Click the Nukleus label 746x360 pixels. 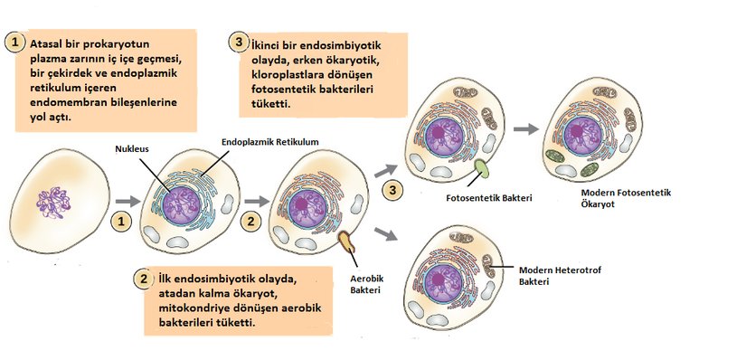pos(132,147)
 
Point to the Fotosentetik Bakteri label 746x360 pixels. pos(488,196)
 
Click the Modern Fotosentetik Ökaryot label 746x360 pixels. pos(627,199)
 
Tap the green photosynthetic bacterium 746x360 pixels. pos(477,168)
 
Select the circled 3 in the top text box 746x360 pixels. pos(238,43)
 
